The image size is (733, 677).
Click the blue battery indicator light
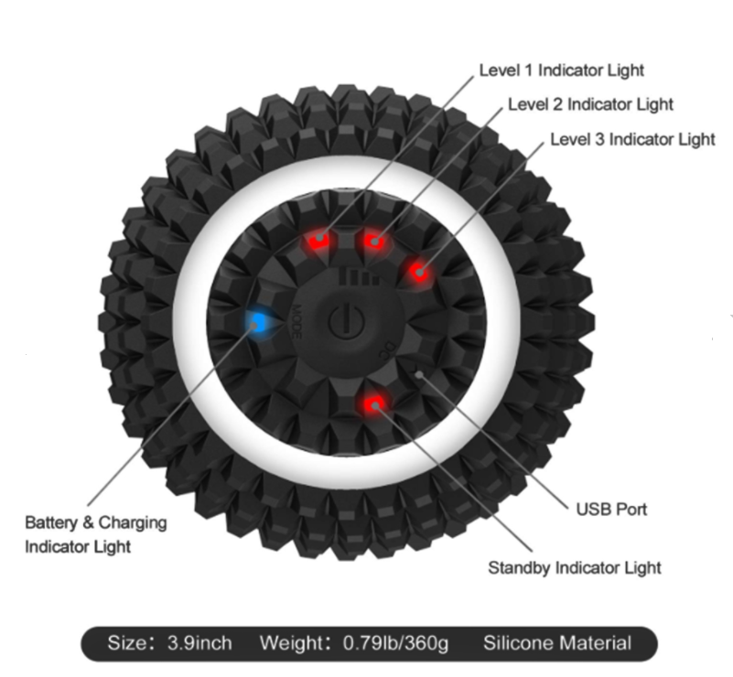coord(256,321)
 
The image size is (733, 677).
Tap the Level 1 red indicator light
coord(318,240)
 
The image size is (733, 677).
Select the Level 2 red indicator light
coord(373,242)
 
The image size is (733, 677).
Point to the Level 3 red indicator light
coord(419,272)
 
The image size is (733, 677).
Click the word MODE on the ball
coord(296,322)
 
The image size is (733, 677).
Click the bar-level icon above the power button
coord(359,276)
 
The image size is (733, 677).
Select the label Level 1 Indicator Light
coord(562,70)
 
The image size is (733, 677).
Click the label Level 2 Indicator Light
coord(590,104)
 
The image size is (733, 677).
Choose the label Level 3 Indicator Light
coord(632,139)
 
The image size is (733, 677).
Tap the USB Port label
coord(611,510)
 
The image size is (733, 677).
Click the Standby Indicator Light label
coord(575,568)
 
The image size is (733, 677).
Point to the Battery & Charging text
coord(96,522)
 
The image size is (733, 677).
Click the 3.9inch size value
coord(199,643)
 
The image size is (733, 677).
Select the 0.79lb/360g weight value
coord(395,643)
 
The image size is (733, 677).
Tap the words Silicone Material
coord(557,643)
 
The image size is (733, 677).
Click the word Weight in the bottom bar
coord(293,643)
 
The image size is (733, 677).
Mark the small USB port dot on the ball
coord(419,375)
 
